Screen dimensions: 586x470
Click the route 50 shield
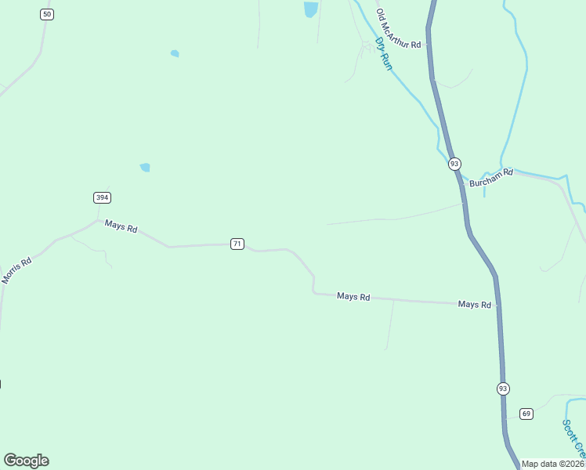click(x=48, y=15)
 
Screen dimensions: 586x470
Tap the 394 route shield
click(x=102, y=197)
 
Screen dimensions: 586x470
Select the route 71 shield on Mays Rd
click(x=237, y=244)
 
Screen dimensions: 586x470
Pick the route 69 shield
click(x=526, y=413)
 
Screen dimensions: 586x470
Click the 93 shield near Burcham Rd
click(x=454, y=164)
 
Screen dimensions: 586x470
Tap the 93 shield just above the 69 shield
click(x=502, y=389)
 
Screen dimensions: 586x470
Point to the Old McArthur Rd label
click(x=399, y=30)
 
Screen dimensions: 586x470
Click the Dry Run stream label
click(x=383, y=53)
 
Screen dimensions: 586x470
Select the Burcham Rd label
click(x=491, y=176)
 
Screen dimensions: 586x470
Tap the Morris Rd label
click(x=16, y=270)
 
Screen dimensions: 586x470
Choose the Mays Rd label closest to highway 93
click(x=475, y=304)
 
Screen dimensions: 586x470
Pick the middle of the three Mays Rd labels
click(x=353, y=297)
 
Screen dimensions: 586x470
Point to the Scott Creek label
click(x=574, y=439)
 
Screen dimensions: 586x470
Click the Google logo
click(x=26, y=461)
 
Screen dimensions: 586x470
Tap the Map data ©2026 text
click(x=553, y=464)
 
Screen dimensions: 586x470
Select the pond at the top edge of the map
click(x=311, y=9)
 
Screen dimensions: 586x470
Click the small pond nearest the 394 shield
click(x=145, y=167)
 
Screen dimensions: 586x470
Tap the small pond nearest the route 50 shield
click(x=175, y=54)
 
